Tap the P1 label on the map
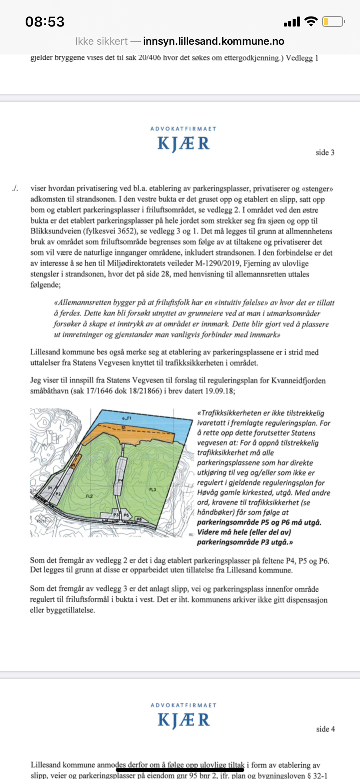pyautogui.click(x=50, y=488)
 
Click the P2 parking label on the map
pyautogui.click(x=57, y=494)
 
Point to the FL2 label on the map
pyautogui.click(x=89, y=496)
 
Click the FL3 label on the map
pyautogui.click(x=153, y=489)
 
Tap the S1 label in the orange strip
pyautogui.click(x=123, y=428)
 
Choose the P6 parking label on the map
pyautogui.click(x=139, y=519)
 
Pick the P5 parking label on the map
pyautogui.click(x=127, y=515)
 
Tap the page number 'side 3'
pyautogui.click(x=325, y=153)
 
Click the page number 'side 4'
pyautogui.click(x=325, y=729)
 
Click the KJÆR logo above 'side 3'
pyautogui.click(x=183, y=143)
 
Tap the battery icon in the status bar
pyautogui.click(x=333, y=21)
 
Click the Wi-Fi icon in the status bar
pyautogui.click(x=311, y=21)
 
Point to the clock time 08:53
pyautogui.click(x=45, y=22)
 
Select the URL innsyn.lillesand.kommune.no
pyautogui.click(x=213, y=41)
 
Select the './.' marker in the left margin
pyautogui.click(x=16, y=188)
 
